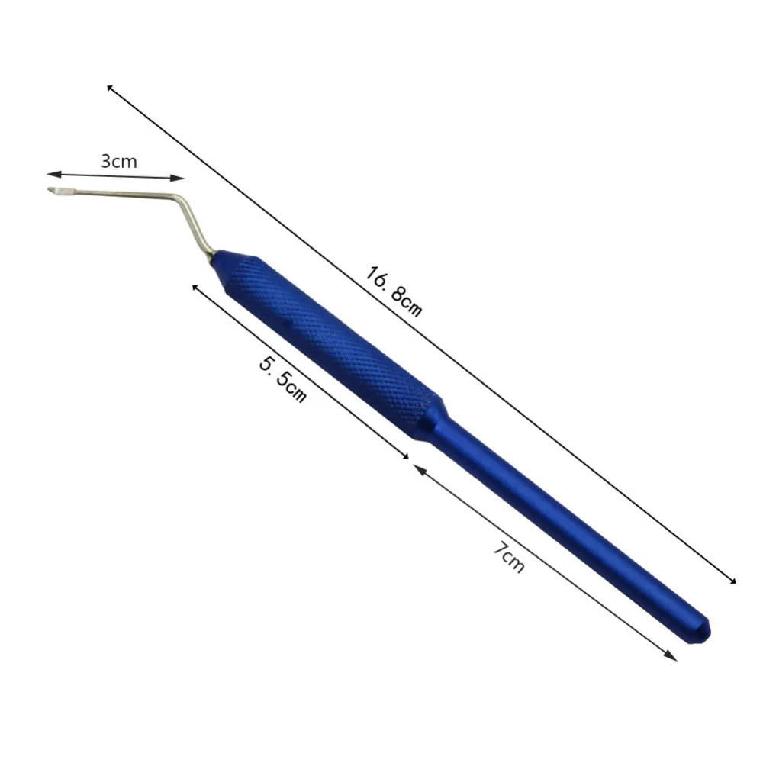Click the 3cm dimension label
[119, 161]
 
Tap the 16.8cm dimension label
[393, 291]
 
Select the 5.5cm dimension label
[283, 379]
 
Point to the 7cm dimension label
[509, 557]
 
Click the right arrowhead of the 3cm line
[178, 178]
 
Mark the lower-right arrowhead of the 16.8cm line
[732, 580]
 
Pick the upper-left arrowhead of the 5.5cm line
[195, 288]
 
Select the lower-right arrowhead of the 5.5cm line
[405, 456]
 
